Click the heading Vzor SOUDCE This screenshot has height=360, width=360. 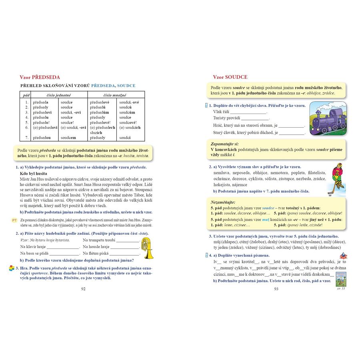tap(230, 77)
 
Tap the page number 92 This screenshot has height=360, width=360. tap(83, 288)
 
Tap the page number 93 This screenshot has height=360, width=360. tap(276, 289)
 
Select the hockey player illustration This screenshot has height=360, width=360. tap(338, 178)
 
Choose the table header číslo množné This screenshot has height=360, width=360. tap(114, 95)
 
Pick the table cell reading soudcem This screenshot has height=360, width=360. tap(68, 138)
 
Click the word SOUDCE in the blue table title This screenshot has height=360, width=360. tap(126, 86)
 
